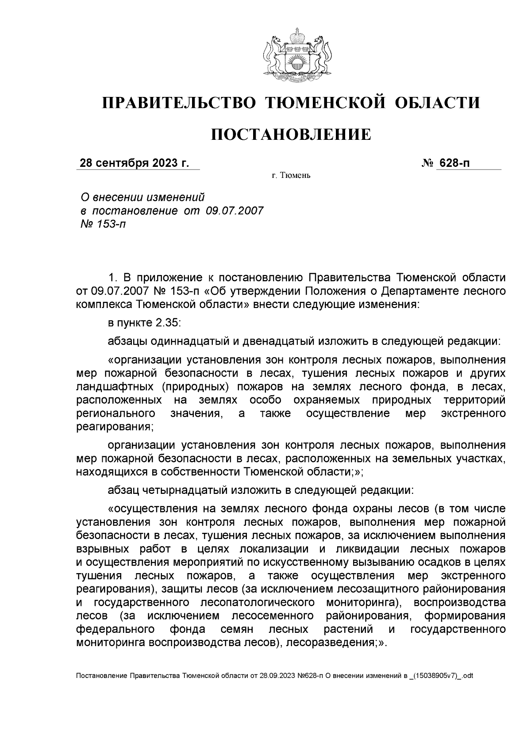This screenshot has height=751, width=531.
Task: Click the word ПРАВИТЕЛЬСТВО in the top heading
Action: tap(179, 103)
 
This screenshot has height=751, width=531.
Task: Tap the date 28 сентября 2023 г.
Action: tap(134, 163)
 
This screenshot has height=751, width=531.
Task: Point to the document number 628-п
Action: tap(454, 163)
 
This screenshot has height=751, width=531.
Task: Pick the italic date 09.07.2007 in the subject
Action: tap(235, 210)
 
